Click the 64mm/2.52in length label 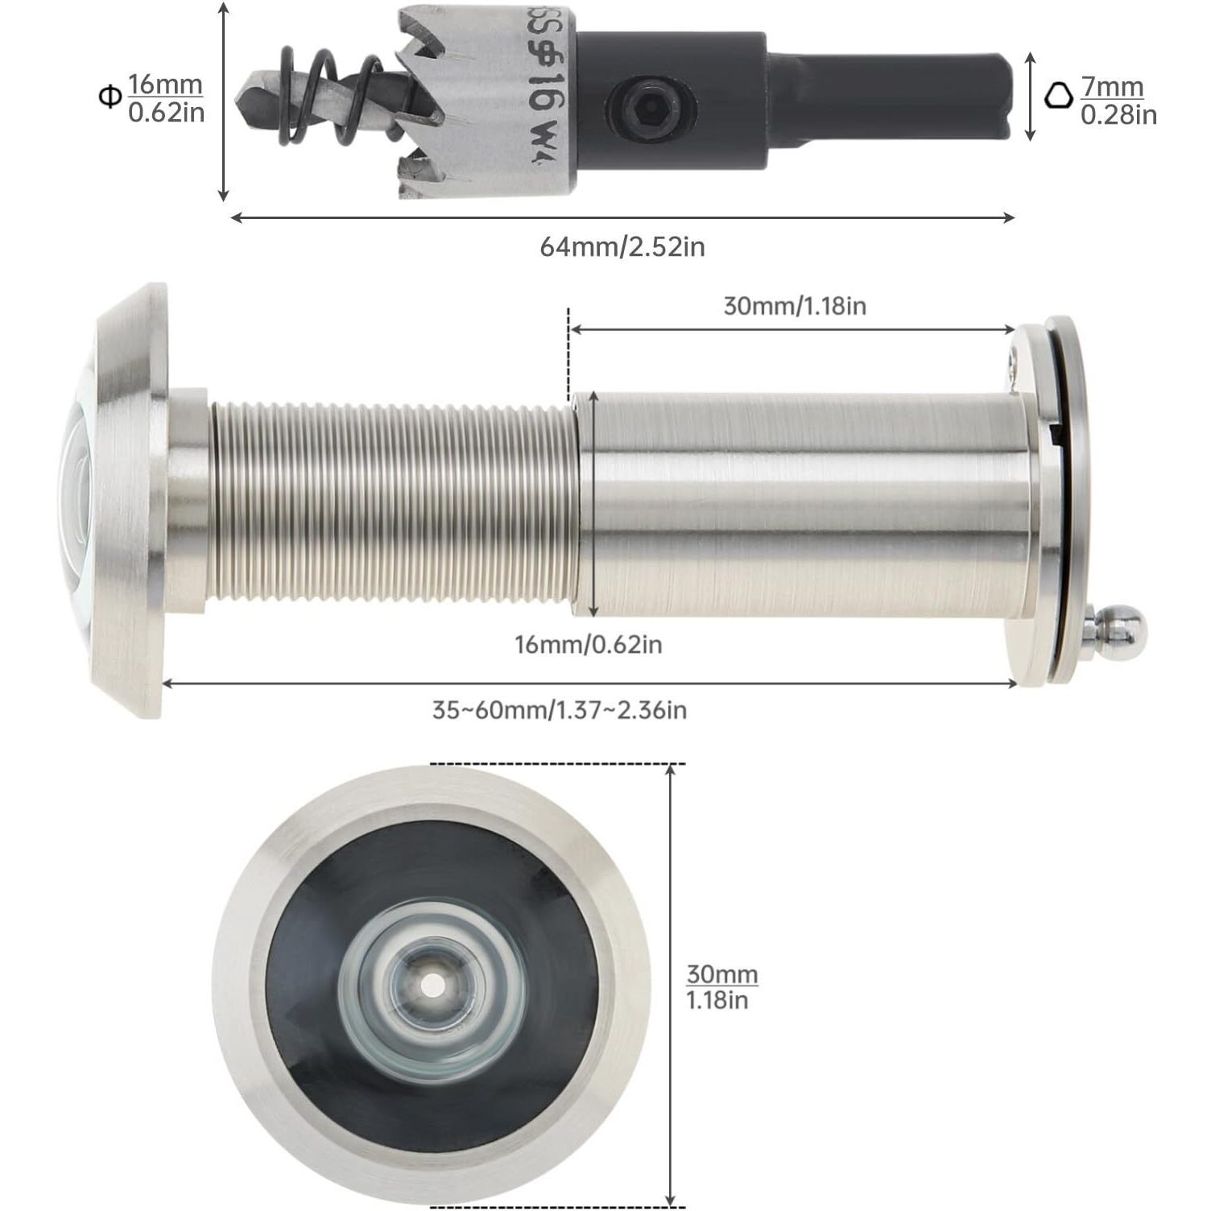[622, 246]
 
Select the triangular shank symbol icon [1059, 96]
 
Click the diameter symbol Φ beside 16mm [109, 98]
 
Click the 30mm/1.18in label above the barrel [794, 306]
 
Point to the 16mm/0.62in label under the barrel [588, 644]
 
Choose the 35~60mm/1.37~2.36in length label [560, 710]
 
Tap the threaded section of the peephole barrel [395, 501]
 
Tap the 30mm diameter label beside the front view [721, 987]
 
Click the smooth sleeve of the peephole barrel [805, 503]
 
